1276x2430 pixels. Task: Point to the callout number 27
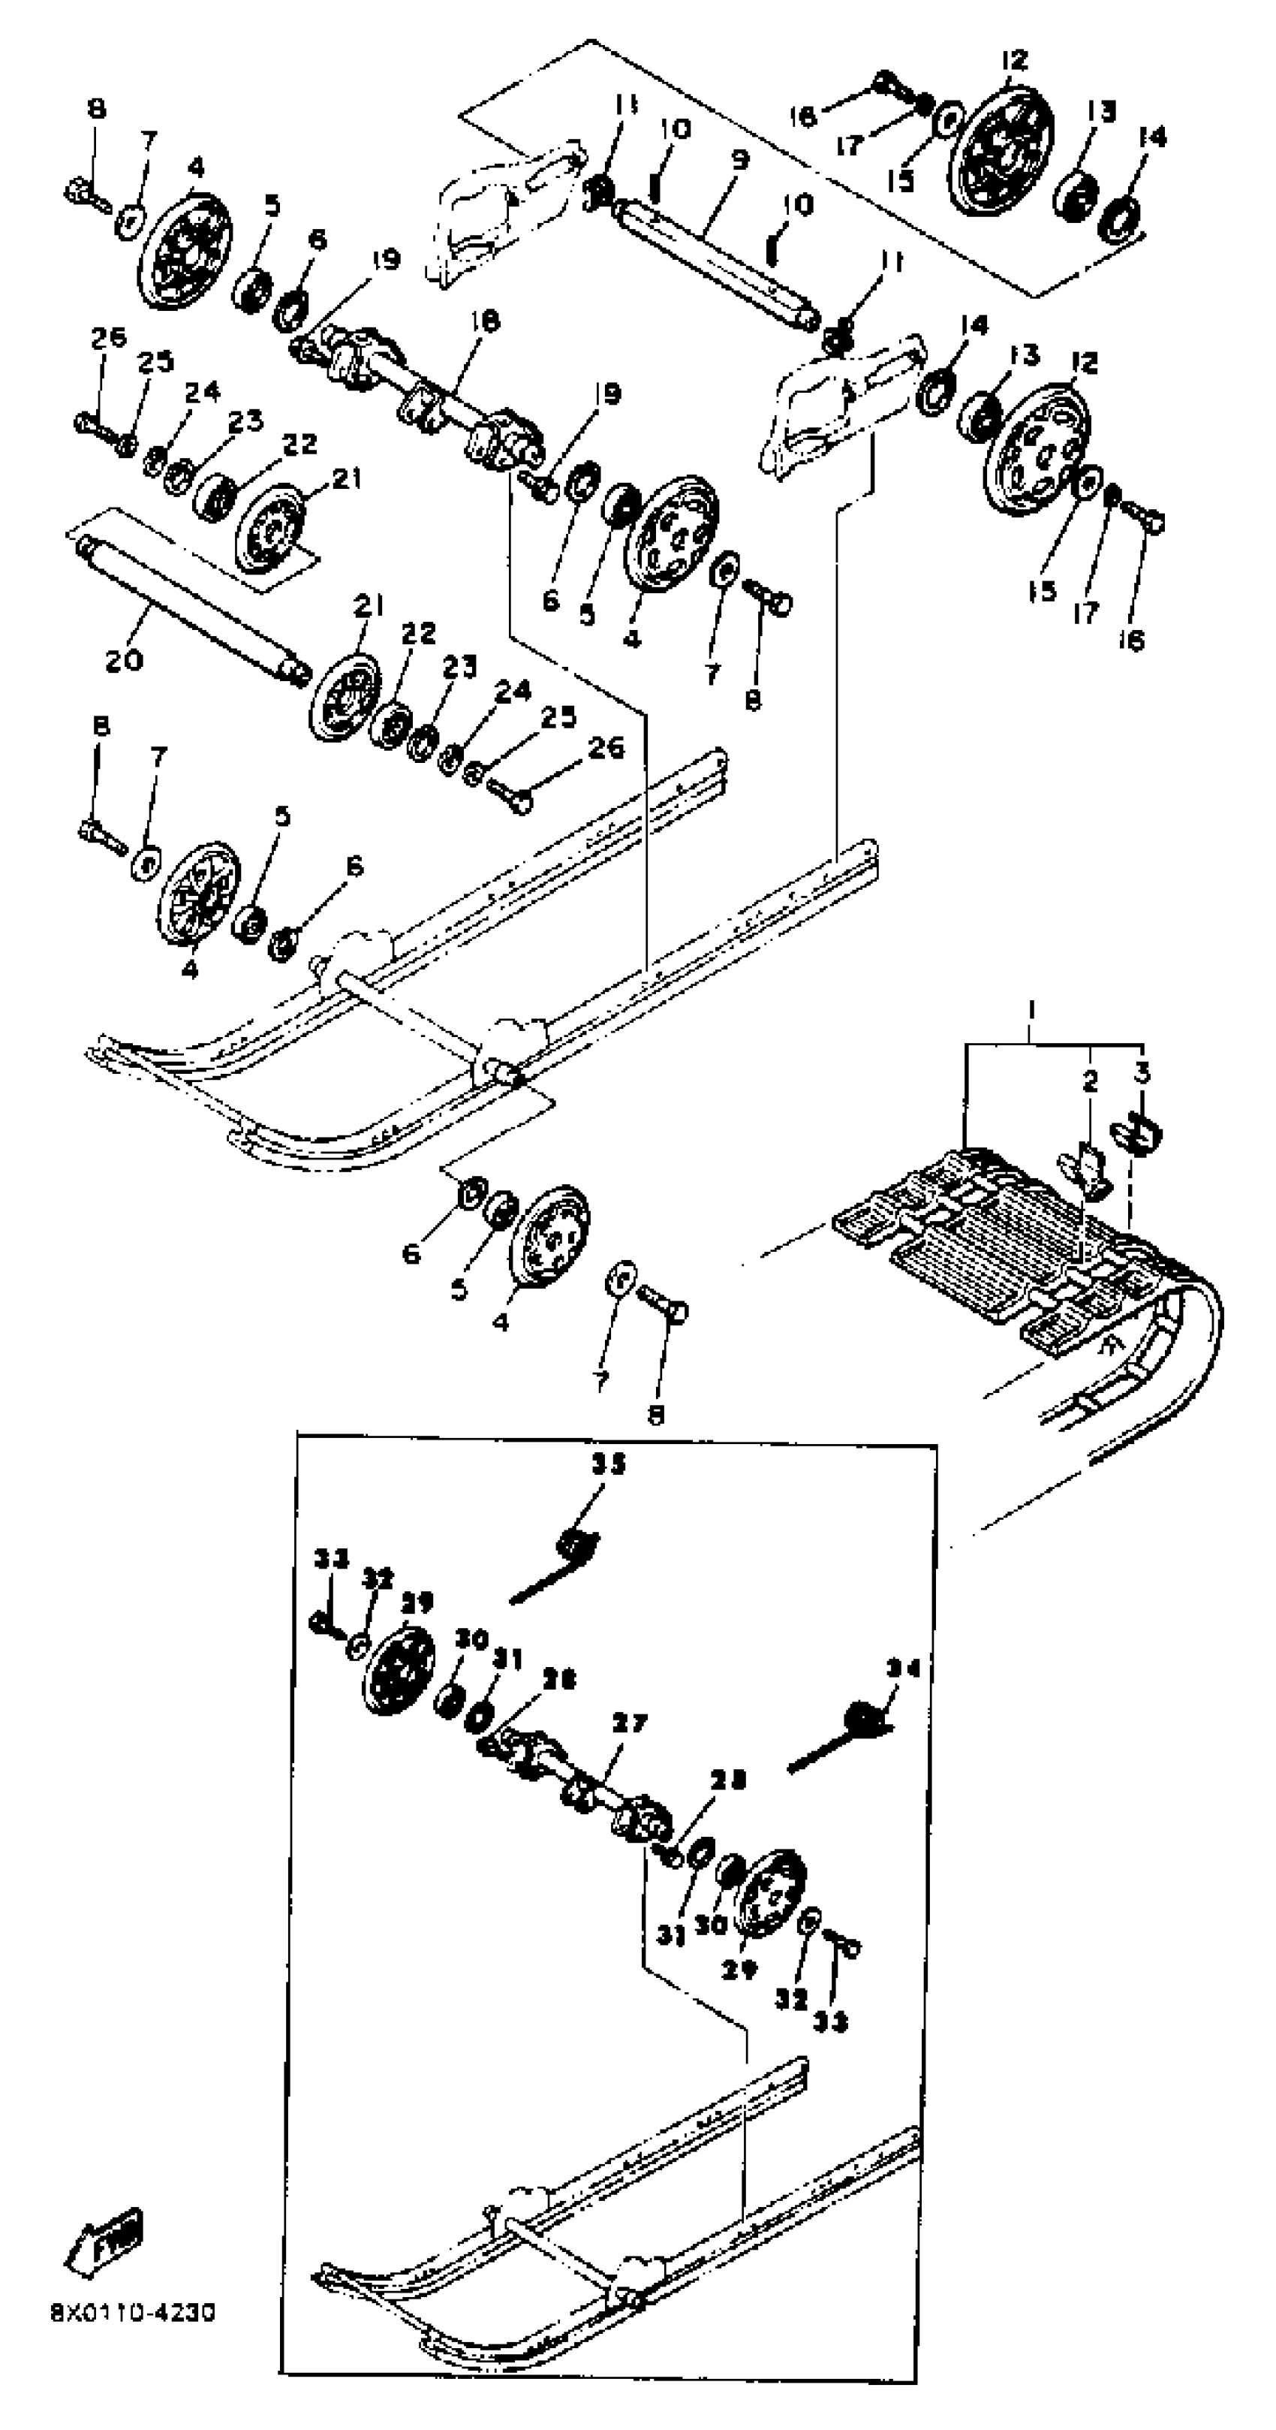(629, 1723)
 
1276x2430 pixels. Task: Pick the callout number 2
(1090, 1081)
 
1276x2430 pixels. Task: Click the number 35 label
(608, 1464)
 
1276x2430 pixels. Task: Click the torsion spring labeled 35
(571, 1548)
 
